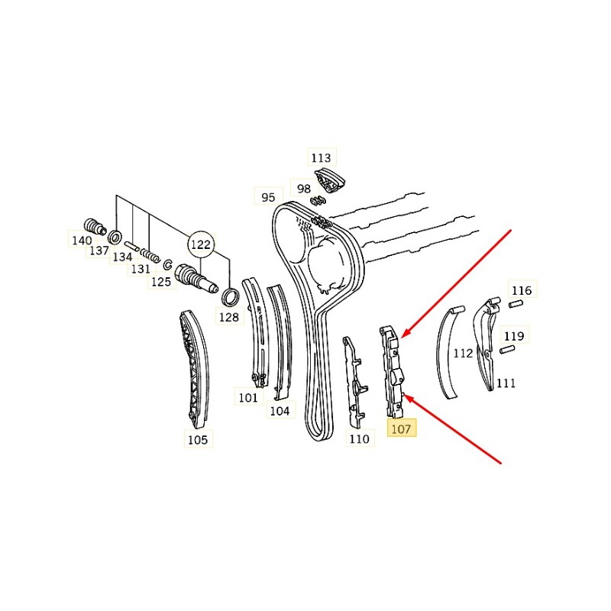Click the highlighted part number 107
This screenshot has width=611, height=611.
[x=401, y=429]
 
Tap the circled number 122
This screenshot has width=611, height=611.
[x=201, y=244]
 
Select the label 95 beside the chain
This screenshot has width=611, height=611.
[x=268, y=198]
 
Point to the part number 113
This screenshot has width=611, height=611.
[x=321, y=158]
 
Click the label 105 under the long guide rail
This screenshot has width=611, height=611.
[x=198, y=440]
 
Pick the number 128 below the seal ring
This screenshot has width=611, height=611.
[x=228, y=317]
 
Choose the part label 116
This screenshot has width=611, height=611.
[x=522, y=290]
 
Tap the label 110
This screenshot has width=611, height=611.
[x=359, y=438]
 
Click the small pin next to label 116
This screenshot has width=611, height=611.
[x=516, y=303]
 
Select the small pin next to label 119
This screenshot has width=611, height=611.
[x=507, y=350]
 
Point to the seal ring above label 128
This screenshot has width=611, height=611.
[x=230, y=297]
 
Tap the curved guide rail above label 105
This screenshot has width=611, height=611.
[x=195, y=369]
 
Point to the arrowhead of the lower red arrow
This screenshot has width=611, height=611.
[x=407, y=398]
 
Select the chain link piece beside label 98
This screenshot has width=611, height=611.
[x=318, y=201]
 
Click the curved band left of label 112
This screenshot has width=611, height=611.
[x=449, y=352]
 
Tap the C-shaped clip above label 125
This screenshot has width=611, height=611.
[x=167, y=264]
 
